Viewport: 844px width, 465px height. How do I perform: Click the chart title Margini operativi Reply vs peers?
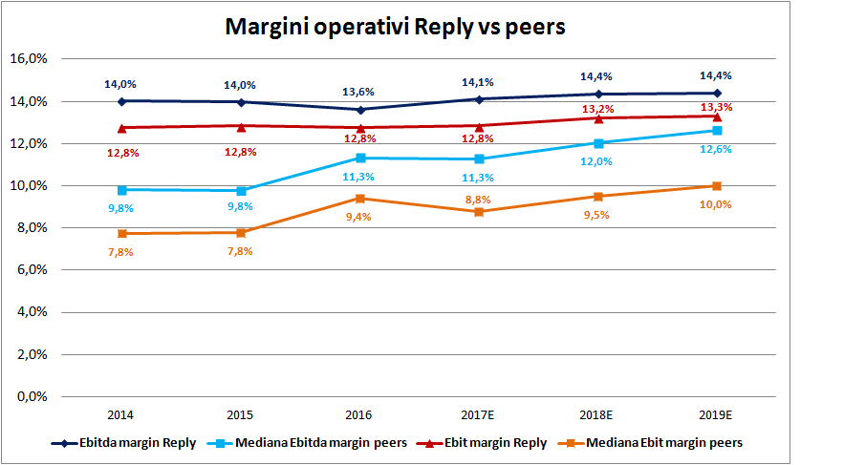pyautogui.click(x=395, y=27)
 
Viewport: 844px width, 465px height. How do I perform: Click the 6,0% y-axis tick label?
pyautogui.click(x=31, y=269)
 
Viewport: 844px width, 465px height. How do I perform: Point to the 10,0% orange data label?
pyautogui.click(x=716, y=203)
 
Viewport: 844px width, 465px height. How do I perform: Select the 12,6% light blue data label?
pyautogui.click(x=716, y=148)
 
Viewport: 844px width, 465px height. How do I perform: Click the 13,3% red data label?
pyautogui.click(x=716, y=106)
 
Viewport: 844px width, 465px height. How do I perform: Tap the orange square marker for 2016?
pyautogui.click(x=359, y=199)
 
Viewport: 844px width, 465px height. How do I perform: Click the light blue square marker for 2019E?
pyautogui.click(x=717, y=131)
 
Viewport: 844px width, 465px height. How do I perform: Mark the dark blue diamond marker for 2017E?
pyautogui.click(x=478, y=98)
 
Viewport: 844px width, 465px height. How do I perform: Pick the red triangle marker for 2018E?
pyautogui.click(x=598, y=117)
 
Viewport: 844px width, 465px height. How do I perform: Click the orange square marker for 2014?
pyautogui.click(x=121, y=233)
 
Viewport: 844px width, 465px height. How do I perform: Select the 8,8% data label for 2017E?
pyautogui.click(x=478, y=200)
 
